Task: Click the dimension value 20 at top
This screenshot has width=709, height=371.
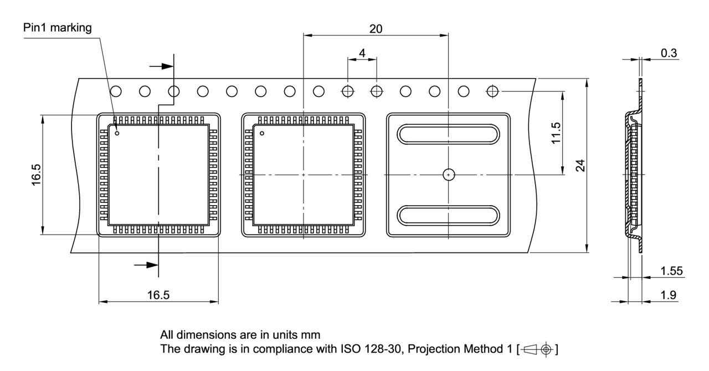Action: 376,29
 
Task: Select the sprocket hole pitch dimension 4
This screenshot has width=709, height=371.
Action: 362,53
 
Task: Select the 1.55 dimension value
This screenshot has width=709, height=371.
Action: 671,271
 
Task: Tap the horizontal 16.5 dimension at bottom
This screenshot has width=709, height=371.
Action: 158,295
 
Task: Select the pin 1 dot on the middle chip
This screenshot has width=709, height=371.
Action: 262,133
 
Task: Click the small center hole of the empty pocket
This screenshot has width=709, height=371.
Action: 448,175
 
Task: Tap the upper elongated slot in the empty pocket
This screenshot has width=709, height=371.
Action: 448,135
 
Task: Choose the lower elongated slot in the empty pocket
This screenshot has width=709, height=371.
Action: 448,215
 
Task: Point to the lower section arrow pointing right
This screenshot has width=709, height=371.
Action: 147,265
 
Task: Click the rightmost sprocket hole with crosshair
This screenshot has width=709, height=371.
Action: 492,90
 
